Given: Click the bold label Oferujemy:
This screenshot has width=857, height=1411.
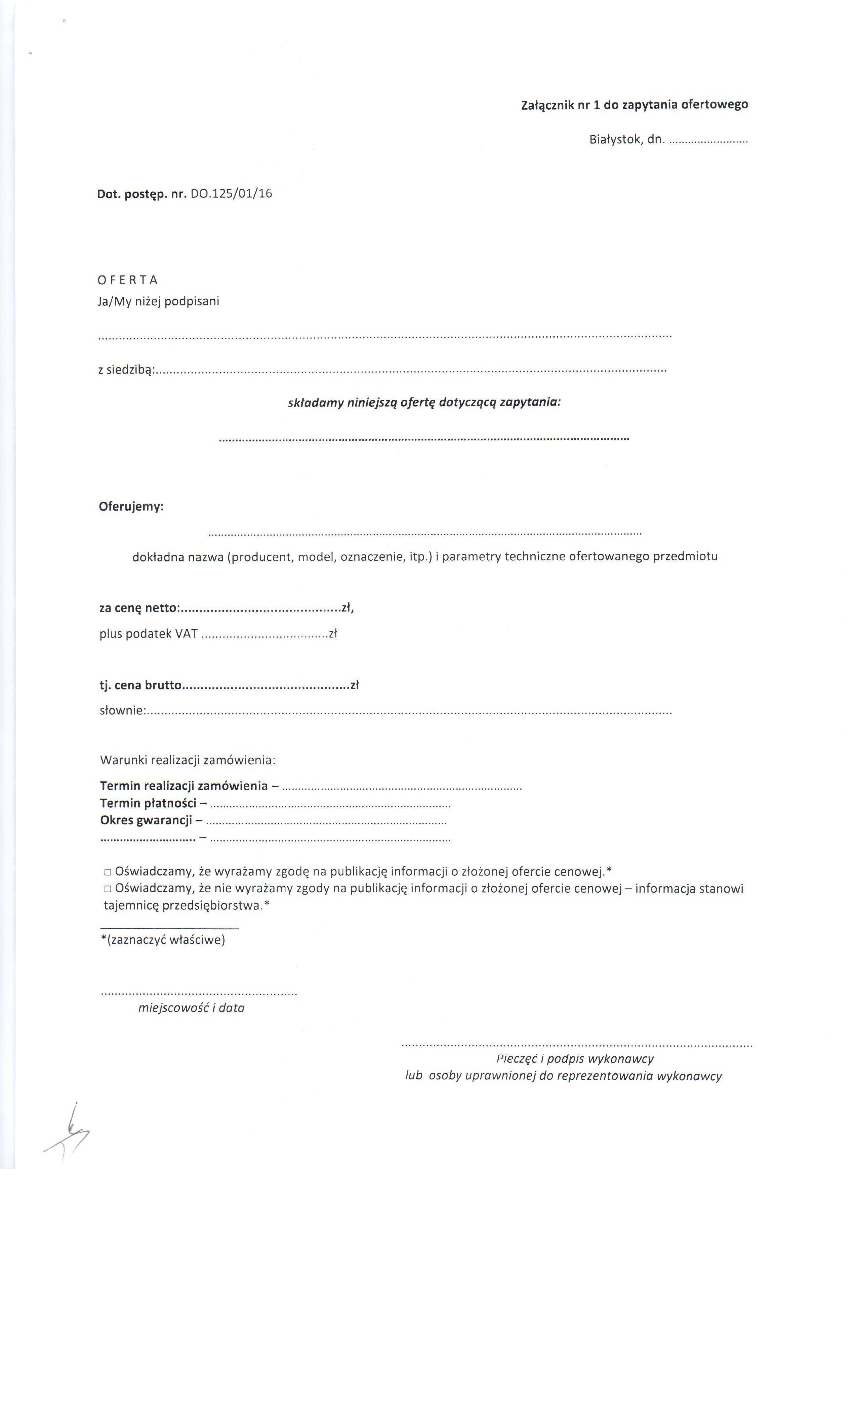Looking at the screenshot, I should coord(131,507).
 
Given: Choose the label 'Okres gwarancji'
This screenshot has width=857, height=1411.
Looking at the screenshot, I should coord(146,820).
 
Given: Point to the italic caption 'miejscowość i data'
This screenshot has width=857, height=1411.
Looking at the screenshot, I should coord(191,1008).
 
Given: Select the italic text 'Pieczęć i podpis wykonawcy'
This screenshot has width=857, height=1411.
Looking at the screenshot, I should coord(575,1059).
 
